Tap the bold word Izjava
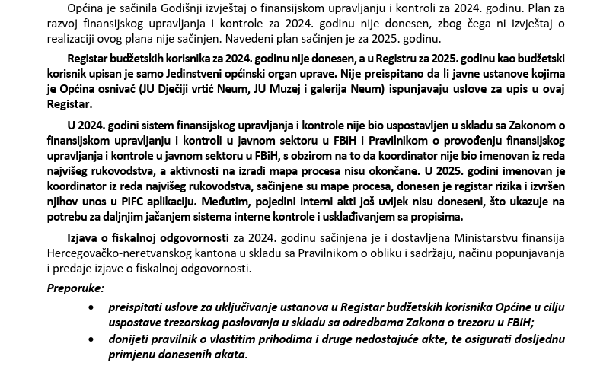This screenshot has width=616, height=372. [85, 239]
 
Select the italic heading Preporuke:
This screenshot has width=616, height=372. [75, 288]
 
